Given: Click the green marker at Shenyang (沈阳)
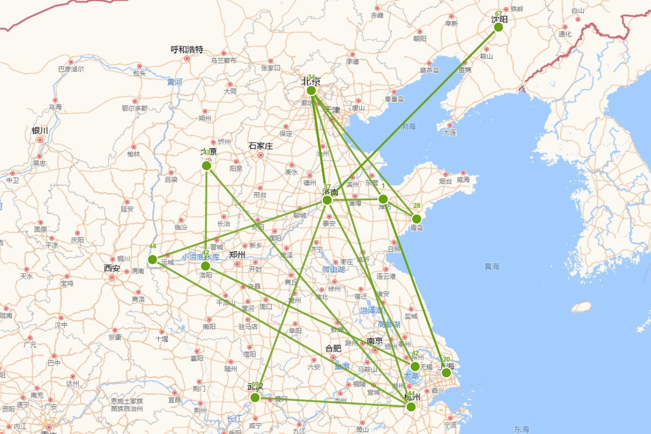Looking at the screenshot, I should [499, 27].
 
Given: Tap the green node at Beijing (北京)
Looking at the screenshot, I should [311, 91].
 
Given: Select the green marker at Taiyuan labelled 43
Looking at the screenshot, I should [206, 165].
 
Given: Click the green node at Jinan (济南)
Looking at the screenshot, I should [327, 200].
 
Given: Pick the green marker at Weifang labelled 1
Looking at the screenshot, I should [383, 199].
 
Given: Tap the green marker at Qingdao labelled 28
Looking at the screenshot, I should [416, 219].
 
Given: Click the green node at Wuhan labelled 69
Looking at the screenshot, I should [255, 398].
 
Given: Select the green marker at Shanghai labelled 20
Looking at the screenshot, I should [446, 373].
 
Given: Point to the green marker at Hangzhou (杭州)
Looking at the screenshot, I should [411, 406].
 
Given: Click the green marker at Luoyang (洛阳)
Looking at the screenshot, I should [205, 266].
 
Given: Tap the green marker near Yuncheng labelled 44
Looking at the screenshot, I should [152, 259].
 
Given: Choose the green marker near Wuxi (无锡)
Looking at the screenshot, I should [415, 366].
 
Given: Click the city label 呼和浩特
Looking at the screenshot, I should [187, 49].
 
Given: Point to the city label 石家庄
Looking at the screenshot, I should [260, 145].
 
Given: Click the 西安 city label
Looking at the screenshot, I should [112, 267].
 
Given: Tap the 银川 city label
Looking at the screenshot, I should [40, 130].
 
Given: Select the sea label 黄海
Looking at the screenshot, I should [492, 266].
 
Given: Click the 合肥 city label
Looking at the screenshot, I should [333, 348].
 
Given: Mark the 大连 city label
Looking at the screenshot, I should [450, 132].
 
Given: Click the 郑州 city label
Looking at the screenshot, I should [237, 254].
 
